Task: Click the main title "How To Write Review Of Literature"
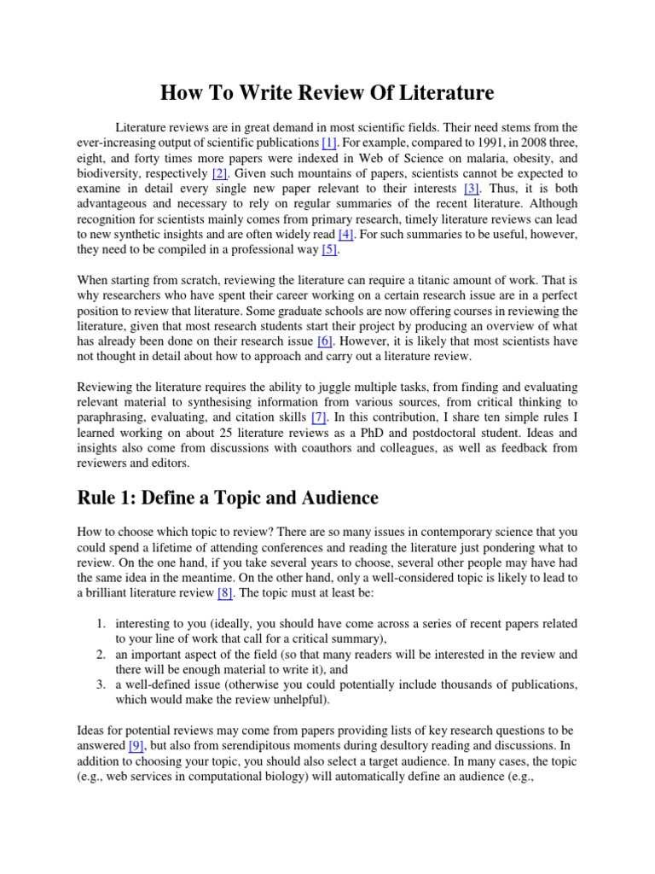328,91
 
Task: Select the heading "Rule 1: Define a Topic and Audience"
228,497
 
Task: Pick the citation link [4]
345,233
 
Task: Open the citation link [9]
136,745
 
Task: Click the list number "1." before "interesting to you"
100,624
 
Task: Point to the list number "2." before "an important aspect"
100,654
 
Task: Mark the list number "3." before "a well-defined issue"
100,685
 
